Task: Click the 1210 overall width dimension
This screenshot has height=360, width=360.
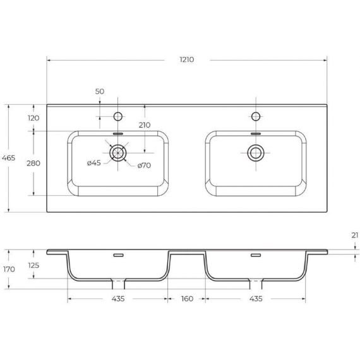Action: (187, 60)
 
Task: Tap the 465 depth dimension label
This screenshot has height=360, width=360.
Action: (8, 158)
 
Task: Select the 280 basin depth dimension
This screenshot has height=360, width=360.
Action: (33, 163)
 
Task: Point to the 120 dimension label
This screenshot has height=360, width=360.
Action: (33, 118)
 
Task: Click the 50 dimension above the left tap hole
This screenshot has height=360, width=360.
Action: (100, 92)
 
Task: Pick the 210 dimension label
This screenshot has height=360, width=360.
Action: (145, 125)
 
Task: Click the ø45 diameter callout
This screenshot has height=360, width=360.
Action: (94, 163)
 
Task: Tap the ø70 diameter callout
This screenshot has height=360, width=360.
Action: (144, 165)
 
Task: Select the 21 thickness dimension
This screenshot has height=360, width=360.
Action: (355, 236)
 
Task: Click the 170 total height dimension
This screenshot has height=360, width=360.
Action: (9, 269)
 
